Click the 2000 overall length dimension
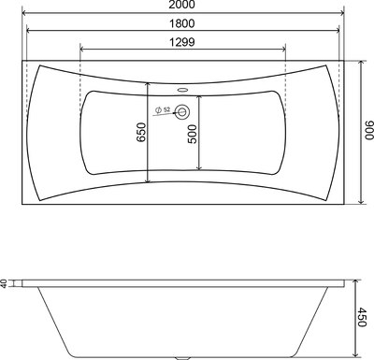click(x=185, y=7)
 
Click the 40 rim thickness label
click(x=6, y=284)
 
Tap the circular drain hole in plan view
click(x=183, y=112)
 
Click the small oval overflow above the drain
click(x=183, y=92)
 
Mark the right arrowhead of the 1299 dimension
click(x=287, y=48)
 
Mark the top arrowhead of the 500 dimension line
click(x=197, y=93)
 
